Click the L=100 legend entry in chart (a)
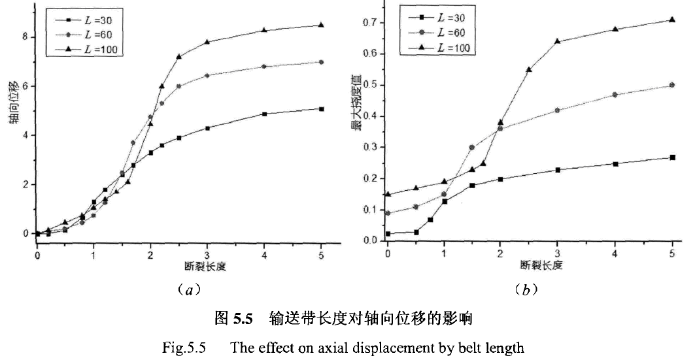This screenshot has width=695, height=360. [x=94, y=48]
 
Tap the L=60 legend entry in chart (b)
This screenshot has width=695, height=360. [x=445, y=32]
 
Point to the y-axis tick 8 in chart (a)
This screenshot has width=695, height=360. [x=24, y=37]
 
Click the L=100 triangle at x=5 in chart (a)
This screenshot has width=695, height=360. [x=321, y=25]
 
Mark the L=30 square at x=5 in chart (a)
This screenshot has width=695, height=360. [x=321, y=108]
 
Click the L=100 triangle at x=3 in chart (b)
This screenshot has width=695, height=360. [x=558, y=41]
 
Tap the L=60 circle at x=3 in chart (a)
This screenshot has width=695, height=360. [x=207, y=75]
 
